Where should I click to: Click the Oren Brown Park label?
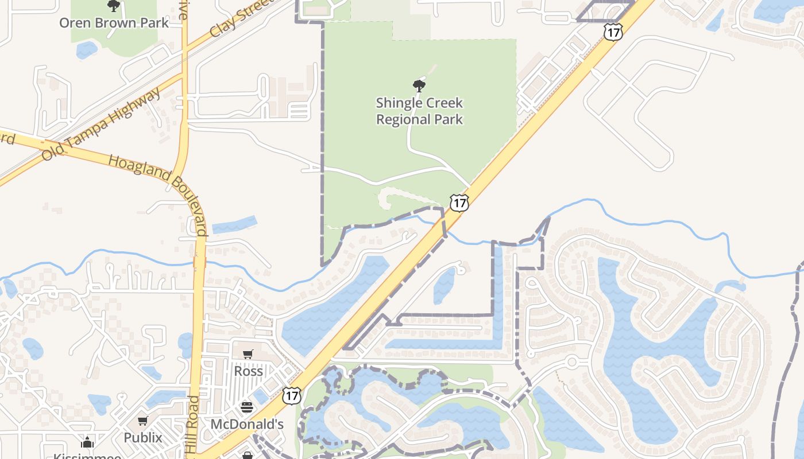coord(114,23)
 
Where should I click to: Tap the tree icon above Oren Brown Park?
coord(114,6)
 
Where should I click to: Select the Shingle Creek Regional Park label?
coord(419,111)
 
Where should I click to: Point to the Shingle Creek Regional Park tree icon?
coord(419,86)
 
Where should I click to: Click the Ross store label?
coord(248,371)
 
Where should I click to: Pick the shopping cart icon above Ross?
coord(248,355)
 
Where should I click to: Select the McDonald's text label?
coord(247,425)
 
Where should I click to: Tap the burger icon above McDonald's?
coord(247,407)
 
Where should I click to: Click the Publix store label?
coord(143,438)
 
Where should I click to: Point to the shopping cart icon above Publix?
coord(143,421)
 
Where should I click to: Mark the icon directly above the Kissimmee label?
coord(87,442)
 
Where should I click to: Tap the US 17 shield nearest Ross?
coord(292,395)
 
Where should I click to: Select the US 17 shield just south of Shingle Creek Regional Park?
coord(459,203)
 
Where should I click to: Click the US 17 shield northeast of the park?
coord(613,32)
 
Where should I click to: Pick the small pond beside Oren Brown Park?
coord(87,50)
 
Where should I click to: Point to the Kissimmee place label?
coord(87,456)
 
